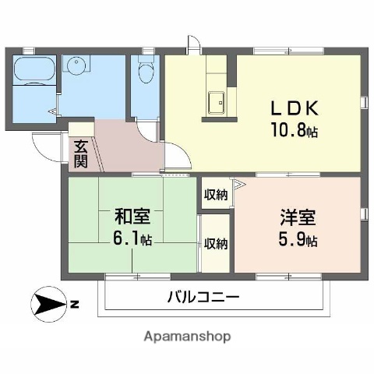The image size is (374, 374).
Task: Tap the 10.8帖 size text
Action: click(x=295, y=130)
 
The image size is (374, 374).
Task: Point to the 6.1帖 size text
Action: click(x=132, y=238)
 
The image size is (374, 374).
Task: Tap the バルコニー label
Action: click(x=203, y=297)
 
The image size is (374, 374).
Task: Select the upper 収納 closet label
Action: click(x=215, y=195)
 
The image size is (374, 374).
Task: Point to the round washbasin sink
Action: click(x=77, y=65)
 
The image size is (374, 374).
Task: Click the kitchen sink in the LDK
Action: click(x=216, y=101)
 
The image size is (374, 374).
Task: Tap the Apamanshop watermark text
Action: click(x=187, y=337)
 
